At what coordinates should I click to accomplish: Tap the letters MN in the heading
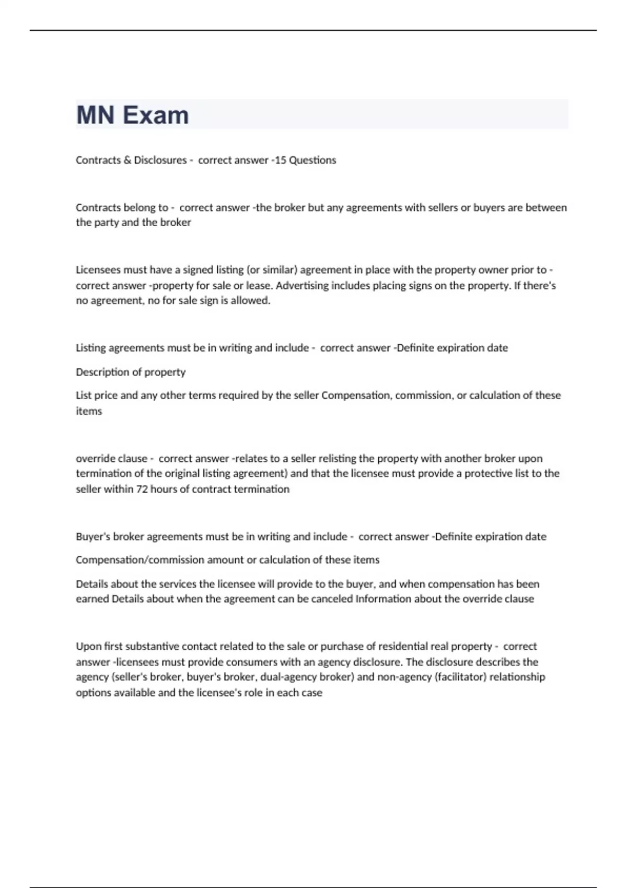95,115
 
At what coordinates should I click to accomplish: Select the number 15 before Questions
280,160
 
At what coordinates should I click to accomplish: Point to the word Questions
312,160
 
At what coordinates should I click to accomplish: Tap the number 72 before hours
142,489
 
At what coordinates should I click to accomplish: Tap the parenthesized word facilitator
460,677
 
